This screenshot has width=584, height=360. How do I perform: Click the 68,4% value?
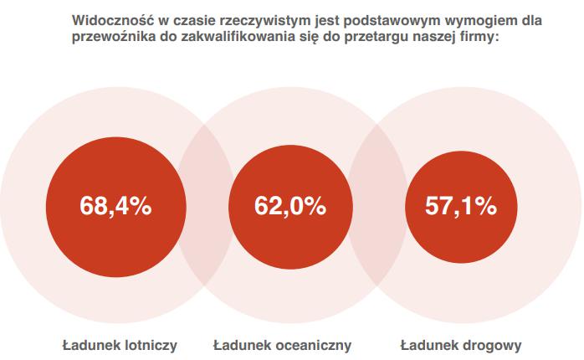115,206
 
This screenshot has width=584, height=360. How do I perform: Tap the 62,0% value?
289,206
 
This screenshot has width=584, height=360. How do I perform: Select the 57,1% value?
461,206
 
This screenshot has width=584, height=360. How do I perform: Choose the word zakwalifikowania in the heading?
242,37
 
